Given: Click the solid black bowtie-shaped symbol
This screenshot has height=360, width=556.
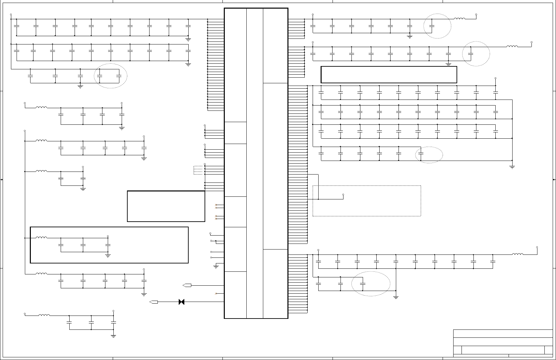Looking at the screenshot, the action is coord(181,302).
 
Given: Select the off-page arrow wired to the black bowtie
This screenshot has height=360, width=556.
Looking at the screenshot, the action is coord(154,302).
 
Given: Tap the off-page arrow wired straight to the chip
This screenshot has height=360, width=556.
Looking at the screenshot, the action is coord(187,285).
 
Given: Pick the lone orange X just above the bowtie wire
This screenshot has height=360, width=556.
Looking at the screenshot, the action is coord(216,294).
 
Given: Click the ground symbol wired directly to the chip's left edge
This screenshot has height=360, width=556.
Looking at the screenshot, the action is coord(216,266).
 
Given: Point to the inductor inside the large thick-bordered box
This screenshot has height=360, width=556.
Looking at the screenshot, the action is coord(41,238).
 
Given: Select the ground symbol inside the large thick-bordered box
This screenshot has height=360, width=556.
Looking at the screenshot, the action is coord(108,255).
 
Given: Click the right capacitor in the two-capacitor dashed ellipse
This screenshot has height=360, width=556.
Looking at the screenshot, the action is coord(119,76).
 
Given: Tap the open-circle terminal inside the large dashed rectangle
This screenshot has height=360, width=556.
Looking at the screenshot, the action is coord(343,195).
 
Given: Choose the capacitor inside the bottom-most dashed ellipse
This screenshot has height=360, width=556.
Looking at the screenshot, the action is coord(363,284).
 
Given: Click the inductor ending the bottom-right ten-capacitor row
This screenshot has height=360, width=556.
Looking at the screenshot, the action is coord(518,254).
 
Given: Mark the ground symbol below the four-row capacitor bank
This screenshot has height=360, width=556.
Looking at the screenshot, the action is coord(512,167).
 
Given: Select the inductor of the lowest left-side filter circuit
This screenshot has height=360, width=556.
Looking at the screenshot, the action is coord(44,315).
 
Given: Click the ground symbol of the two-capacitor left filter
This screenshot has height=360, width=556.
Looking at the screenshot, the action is coord(83,188).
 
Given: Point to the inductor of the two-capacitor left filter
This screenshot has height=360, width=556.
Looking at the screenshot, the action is coord(41,171).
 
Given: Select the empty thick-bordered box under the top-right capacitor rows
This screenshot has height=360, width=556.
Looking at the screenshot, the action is coord(389,75).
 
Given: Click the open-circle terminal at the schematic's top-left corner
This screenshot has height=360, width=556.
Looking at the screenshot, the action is coord(11,15).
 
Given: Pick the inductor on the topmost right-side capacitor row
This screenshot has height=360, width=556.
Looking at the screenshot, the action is coord(460,19).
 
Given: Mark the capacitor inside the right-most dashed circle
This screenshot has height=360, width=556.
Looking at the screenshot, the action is coord(470,53).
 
